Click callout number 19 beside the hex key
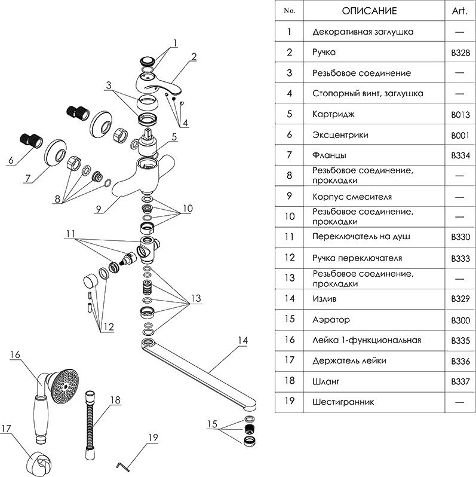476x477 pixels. (x=153, y=438)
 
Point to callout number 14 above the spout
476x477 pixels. (x=241, y=341)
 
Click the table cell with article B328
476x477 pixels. (x=460, y=53)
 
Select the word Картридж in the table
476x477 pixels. (x=332, y=114)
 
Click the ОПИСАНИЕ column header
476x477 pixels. (x=368, y=11)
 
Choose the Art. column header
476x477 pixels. (x=460, y=11)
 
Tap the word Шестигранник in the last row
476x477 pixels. (x=343, y=402)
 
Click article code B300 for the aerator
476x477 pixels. (x=460, y=320)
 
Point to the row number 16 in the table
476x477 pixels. (x=290, y=340)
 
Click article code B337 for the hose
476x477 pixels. (x=460, y=381)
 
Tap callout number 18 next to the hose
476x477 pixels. (x=115, y=399)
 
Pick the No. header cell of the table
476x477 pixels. (x=290, y=11)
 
